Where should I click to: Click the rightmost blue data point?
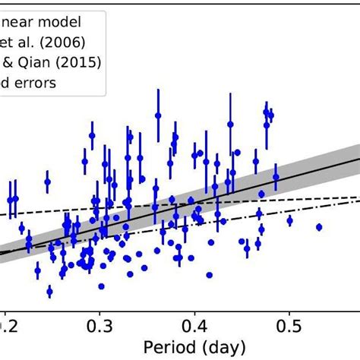click(319, 226)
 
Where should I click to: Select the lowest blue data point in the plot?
click(49, 291)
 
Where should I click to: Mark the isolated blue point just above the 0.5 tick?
click(290, 220)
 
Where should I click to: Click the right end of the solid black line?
click(358, 159)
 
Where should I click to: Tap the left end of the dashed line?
click(2, 216)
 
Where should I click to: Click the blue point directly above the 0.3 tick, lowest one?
click(101, 286)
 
